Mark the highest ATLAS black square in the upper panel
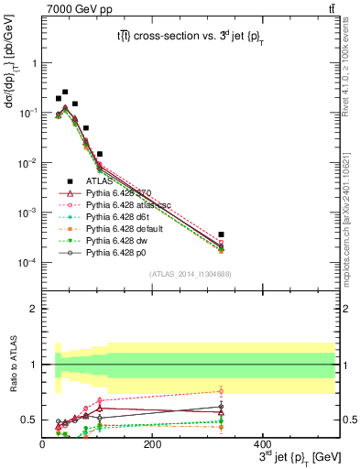(x=65, y=92)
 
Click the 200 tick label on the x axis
(x=153, y=444)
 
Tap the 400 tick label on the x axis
(x=263, y=444)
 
